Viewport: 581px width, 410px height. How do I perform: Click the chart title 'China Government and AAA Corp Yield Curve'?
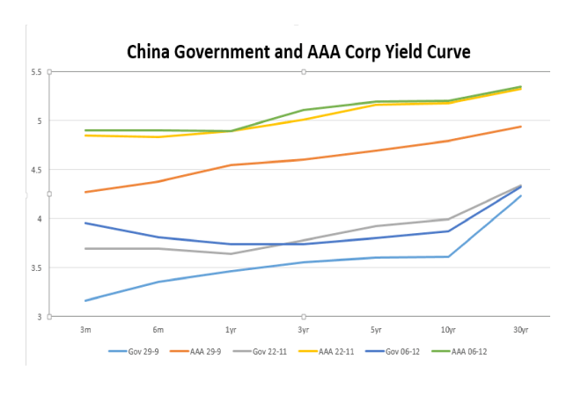298,52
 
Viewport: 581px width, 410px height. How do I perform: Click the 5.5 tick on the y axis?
35,72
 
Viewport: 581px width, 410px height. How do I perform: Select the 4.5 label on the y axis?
35,170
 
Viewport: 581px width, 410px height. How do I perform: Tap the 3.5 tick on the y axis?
35,267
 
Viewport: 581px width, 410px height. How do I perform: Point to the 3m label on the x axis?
85,328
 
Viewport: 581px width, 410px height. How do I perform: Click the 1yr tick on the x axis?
230,328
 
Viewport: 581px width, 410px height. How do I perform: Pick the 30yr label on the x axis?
519,328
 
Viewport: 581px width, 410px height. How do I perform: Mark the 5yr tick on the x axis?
375,328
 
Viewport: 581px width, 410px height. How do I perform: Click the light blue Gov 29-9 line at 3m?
85,301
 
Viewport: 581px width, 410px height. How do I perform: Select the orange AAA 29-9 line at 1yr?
230,165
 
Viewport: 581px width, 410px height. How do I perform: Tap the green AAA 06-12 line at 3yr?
303,110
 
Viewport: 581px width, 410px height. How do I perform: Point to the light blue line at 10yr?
448,257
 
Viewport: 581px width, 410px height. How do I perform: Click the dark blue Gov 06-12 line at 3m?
85,223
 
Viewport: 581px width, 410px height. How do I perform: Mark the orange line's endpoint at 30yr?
520,127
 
